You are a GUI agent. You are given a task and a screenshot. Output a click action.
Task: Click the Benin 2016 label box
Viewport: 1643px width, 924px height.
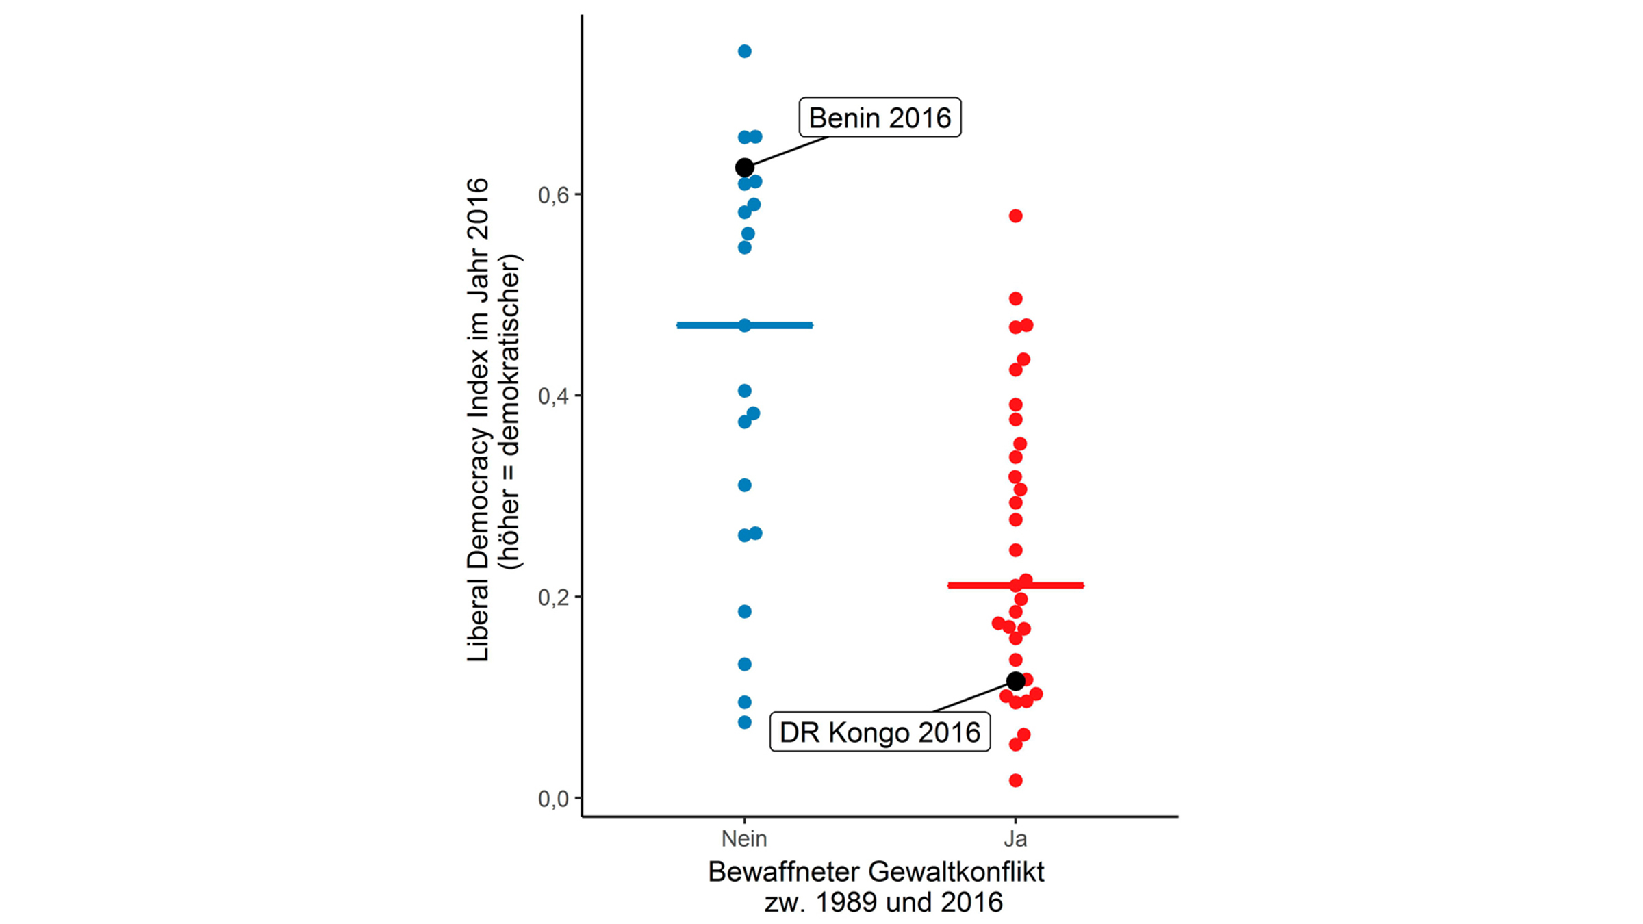click(x=880, y=118)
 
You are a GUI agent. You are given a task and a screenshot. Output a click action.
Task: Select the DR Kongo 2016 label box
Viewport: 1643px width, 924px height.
click(x=880, y=732)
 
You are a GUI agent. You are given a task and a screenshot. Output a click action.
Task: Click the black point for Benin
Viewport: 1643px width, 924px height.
click(x=745, y=168)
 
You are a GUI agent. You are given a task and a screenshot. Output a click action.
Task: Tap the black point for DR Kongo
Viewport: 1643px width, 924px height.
click(x=1016, y=681)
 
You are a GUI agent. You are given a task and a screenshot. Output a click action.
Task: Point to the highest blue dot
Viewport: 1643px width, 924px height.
click(x=745, y=51)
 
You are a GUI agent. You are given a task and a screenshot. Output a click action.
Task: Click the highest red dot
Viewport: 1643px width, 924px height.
click(x=1016, y=216)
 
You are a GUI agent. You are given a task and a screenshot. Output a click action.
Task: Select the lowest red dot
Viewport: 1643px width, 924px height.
click(x=1016, y=780)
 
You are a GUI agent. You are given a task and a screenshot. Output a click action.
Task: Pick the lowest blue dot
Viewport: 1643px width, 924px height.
click(x=745, y=722)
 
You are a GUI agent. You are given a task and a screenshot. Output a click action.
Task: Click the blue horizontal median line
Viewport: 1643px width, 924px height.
click(x=780, y=325)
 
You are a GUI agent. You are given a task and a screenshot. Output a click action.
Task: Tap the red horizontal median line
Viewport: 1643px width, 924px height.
click(x=1054, y=585)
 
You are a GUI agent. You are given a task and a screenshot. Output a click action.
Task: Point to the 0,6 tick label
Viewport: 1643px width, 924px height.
click(x=553, y=196)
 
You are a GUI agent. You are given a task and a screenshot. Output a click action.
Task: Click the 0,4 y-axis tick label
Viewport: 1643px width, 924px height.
click(x=553, y=396)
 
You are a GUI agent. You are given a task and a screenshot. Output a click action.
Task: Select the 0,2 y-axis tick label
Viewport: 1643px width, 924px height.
click(x=553, y=598)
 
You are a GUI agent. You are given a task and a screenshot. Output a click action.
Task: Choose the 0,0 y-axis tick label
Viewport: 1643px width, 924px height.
click(x=553, y=799)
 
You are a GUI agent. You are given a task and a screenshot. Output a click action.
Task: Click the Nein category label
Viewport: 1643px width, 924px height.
click(x=744, y=838)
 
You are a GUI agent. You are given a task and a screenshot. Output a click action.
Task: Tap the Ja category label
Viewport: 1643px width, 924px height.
click(x=1016, y=838)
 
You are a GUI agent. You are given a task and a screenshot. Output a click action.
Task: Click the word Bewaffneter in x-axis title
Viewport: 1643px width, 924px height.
click(x=783, y=873)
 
